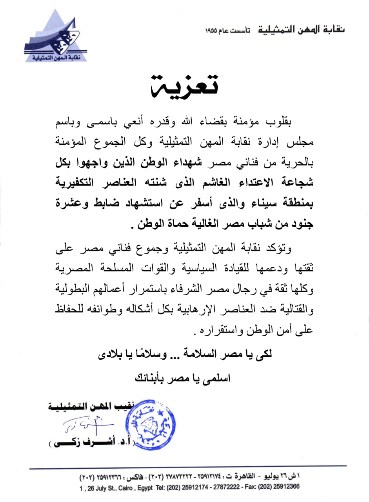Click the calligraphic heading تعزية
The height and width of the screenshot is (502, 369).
click(184, 85)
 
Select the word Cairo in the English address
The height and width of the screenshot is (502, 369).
click(129, 487)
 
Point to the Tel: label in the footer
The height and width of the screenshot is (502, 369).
click(173, 487)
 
